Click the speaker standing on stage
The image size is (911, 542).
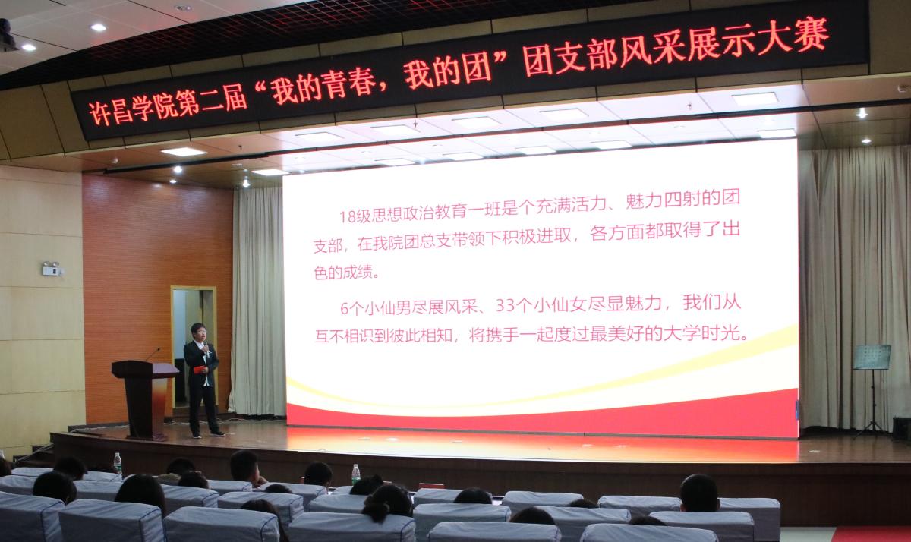coord(203,380)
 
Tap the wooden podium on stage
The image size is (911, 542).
coord(145,399)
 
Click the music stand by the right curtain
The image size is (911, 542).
coord(872,390)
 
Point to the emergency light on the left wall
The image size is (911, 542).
coord(52,269)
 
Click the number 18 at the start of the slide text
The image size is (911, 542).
coord(348,216)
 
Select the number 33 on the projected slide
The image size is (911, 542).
coord(505,305)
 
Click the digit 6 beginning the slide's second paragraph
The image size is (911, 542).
coord(345,310)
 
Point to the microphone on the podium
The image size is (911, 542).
coord(153,355)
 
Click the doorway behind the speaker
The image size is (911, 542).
coord(194,348)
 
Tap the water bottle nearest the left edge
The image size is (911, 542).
coord(118,463)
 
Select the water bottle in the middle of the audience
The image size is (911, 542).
coord(356,474)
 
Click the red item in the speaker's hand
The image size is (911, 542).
coord(198,369)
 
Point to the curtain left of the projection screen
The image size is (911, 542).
coord(257,301)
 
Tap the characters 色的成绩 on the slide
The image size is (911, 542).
coord(344,272)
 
